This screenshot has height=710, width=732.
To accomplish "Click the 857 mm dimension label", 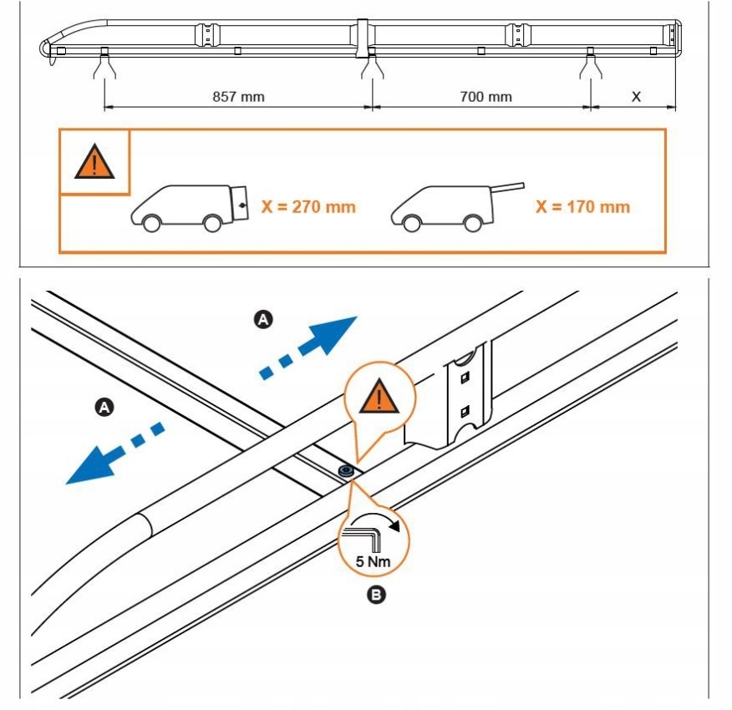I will pos(238,97).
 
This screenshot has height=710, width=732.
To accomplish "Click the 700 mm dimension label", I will pos(485,97).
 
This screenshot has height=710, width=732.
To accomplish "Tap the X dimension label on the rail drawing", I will pos(636,97).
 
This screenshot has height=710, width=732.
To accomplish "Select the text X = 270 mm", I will pos(308,206).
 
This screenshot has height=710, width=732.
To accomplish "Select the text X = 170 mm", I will pos(582,206).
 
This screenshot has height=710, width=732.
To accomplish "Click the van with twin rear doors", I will pos(190,207).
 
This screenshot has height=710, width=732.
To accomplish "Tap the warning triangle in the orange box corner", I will pos(94,161).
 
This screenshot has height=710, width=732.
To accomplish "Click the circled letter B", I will pos(377,595).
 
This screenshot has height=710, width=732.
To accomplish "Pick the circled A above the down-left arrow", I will pos(104,408).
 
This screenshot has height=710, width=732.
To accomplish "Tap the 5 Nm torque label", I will pos(373,561).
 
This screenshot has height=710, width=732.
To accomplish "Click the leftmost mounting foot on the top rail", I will pos(104,64).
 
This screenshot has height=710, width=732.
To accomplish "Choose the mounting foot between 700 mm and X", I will pos(590,64).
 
